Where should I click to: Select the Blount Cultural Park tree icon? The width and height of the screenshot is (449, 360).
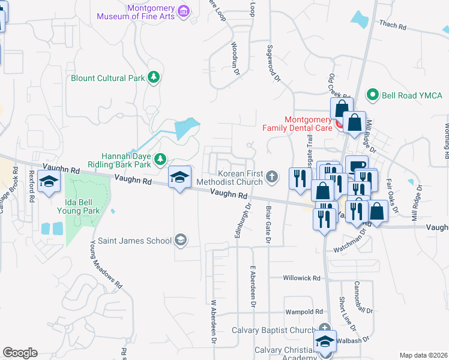click(154, 77)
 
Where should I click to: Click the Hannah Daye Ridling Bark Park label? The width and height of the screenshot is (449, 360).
click(118, 159)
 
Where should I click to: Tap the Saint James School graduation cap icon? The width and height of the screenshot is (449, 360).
click(179, 241)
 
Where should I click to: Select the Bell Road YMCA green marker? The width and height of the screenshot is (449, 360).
click(372, 95)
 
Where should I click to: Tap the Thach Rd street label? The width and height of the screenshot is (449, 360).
click(393, 26)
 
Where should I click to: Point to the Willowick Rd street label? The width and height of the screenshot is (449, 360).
click(303, 278)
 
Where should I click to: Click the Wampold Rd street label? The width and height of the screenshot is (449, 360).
click(304, 311)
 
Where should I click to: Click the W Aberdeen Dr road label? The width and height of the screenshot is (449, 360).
click(212, 322)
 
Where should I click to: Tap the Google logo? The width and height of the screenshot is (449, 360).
click(20, 353)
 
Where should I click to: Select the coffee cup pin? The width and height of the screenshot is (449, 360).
click(357, 166)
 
